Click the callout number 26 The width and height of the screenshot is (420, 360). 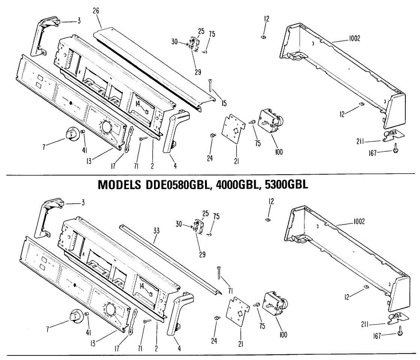click(96, 11)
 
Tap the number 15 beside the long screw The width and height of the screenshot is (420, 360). click(224, 103)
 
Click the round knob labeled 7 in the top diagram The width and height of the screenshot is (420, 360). click(71, 134)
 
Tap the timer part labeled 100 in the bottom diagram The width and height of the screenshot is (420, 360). click(275, 304)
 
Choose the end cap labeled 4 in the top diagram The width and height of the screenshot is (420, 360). click(173, 133)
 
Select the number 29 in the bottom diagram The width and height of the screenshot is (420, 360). click(202, 254)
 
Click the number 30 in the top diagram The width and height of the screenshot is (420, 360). click(175, 42)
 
